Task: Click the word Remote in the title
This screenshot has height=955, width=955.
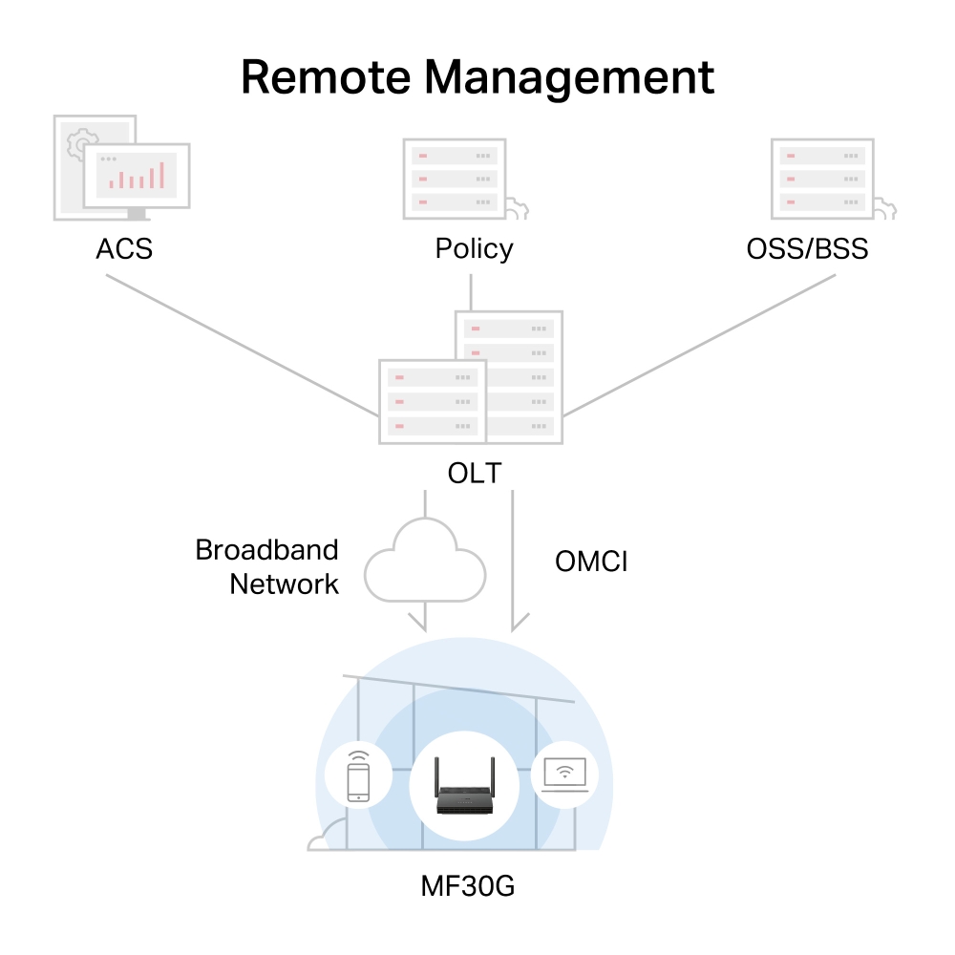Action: coord(326,77)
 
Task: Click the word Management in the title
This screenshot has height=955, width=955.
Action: coord(569,78)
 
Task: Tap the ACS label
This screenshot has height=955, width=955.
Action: coord(124,248)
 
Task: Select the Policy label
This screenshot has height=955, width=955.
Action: coord(474,249)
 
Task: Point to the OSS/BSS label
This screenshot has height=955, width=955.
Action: coord(807,248)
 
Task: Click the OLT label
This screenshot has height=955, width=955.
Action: coord(475,474)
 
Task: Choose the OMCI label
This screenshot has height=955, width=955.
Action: coord(591,562)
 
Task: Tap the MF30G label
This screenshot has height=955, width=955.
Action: coord(468,886)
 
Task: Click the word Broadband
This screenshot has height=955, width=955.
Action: coord(266,550)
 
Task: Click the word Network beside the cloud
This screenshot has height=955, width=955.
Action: coord(284,584)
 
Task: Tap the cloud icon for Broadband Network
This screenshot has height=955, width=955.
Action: coord(425,562)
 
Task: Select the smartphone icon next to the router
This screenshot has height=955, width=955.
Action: coord(358,776)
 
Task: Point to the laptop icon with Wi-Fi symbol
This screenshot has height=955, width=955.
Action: coord(564,775)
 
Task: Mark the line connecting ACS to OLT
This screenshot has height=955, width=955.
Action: coord(243,346)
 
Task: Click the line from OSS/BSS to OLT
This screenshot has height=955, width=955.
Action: coord(699,346)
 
